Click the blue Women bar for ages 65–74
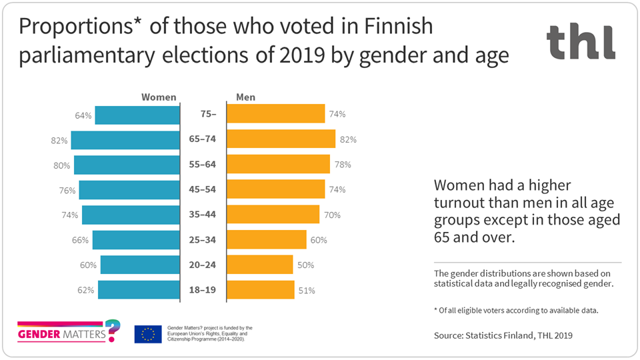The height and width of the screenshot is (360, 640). (x=126, y=140)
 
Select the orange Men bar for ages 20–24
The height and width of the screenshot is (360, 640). (x=260, y=265)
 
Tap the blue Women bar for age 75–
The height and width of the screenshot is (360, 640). (x=138, y=115)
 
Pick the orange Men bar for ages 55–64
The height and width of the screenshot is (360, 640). (x=279, y=165)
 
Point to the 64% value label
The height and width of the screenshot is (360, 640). (x=83, y=115)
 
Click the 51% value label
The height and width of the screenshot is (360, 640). (x=307, y=290)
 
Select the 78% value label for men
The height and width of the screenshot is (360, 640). (x=343, y=165)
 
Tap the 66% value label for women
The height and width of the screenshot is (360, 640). (x=81, y=240)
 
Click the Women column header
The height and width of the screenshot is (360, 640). (x=159, y=97)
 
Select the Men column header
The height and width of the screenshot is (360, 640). (x=245, y=97)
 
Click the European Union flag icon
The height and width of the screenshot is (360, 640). (x=147, y=334)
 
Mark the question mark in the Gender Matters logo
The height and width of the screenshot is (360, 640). (x=114, y=329)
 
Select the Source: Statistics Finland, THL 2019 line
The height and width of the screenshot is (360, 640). (x=503, y=336)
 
